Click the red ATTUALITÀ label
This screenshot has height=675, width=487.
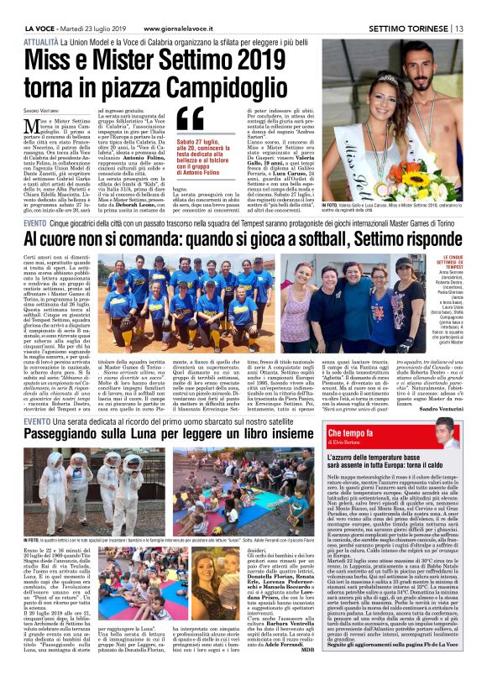coord(41,39)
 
